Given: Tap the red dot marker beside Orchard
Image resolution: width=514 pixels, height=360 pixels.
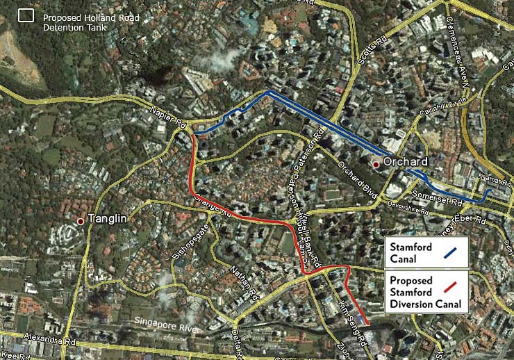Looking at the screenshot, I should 376,165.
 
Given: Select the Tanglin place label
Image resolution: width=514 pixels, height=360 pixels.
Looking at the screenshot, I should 107,218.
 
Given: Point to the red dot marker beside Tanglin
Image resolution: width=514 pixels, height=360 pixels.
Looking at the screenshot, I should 81,221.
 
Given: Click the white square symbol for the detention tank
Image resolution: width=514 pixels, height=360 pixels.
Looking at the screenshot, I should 26,15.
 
